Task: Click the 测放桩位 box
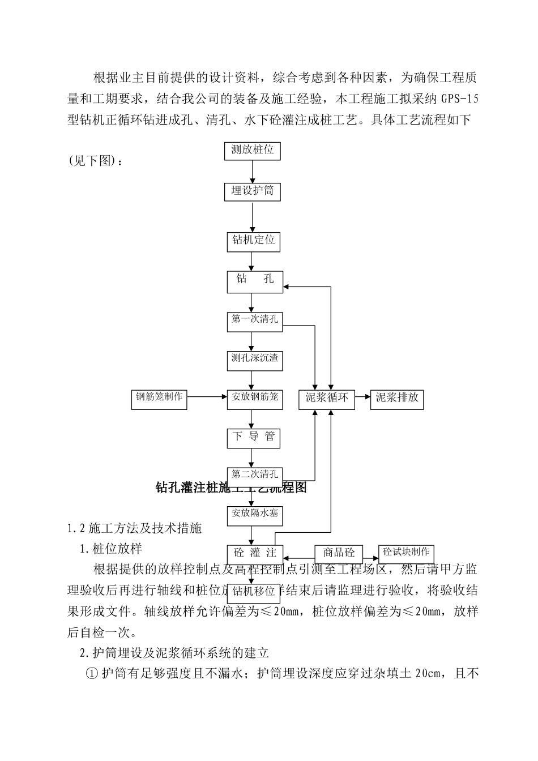253,151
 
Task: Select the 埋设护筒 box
253,191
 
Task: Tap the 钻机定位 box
253,241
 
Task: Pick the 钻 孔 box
254,281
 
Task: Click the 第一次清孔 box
254,320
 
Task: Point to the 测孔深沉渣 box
254,359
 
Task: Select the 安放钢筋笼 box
254,397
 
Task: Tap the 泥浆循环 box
327,399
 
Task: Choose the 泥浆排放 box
397,399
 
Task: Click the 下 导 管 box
253,437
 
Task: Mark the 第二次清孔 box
254,474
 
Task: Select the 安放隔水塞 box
254,515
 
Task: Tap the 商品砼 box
338,553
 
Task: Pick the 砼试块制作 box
406,553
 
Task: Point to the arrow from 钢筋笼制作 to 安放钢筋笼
207,397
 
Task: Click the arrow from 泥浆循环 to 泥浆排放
362,397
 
